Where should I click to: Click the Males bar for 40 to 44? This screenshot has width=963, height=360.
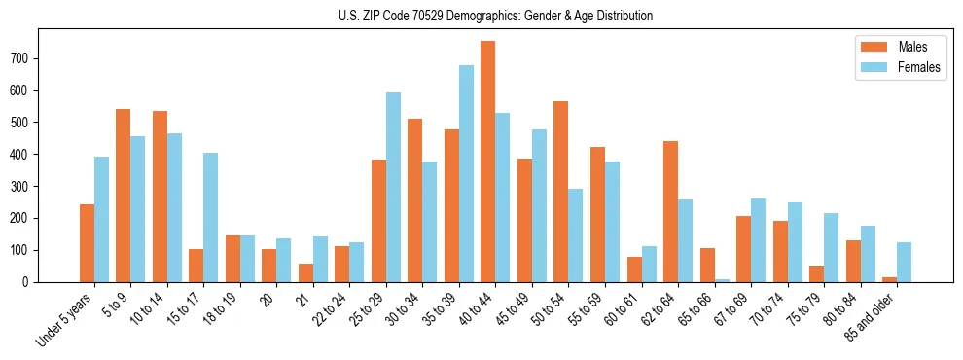(x=488, y=162)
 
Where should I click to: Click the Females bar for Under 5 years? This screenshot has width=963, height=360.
(x=101, y=219)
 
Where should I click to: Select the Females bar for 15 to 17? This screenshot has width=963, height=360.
(x=211, y=217)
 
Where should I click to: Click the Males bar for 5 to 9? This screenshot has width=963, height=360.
(x=124, y=196)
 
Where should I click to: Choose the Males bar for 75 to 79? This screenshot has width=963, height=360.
(x=816, y=273)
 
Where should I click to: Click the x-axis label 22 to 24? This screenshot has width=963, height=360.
(x=330, y=308)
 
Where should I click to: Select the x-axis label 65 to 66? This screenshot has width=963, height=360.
(x=695, y=308)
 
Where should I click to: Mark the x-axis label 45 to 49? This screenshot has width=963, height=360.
(x=512, y=308)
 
